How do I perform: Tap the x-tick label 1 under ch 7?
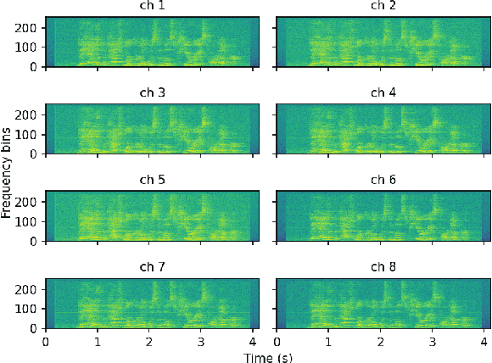(98, 341)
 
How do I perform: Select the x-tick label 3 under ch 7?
(201, 341)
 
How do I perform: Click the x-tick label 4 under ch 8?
(484, 341)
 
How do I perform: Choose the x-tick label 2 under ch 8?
(379, 341)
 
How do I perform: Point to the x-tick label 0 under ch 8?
(276, 341)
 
